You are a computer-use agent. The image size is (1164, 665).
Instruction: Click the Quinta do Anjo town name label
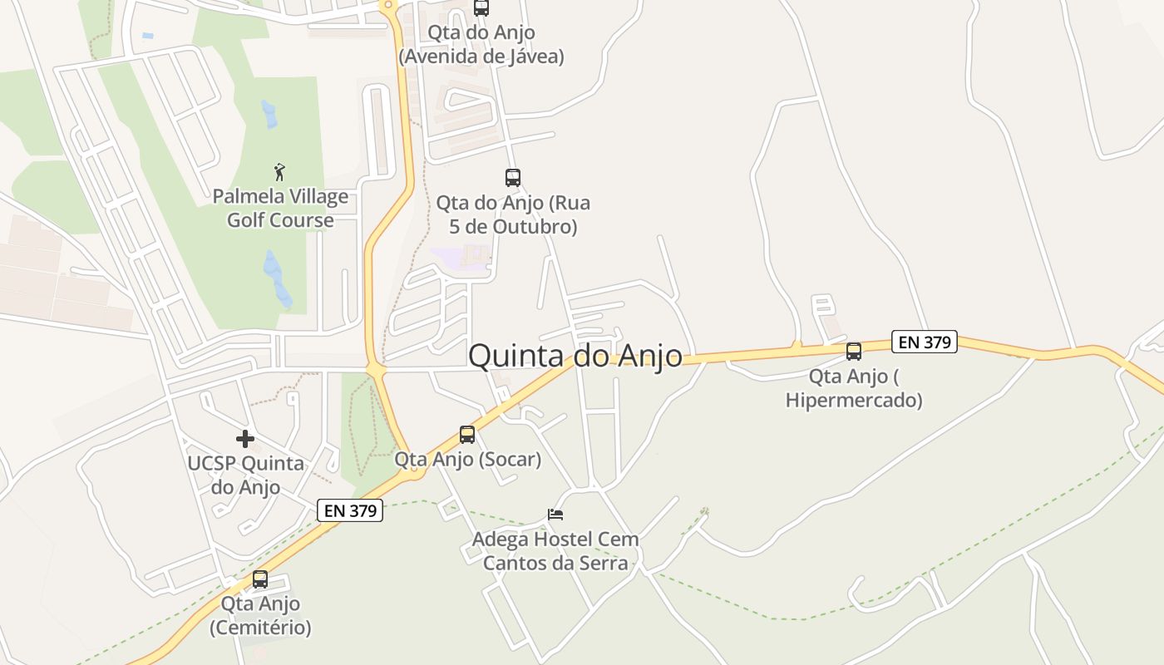(575, 356)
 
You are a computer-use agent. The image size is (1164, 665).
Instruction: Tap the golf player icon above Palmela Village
(280, 172)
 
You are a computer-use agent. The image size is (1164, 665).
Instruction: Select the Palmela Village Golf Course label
(280, 209)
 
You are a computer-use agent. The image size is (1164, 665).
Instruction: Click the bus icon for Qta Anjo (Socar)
(467, 434)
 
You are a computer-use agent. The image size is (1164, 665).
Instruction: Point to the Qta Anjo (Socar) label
(467, 459)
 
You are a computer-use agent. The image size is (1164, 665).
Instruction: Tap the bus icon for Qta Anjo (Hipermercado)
(854, 351)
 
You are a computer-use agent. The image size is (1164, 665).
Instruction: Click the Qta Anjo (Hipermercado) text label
(854, 388)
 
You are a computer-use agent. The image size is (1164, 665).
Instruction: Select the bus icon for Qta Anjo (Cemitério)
(260, 579)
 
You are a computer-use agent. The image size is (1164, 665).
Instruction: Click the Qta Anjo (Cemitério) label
(260, 615)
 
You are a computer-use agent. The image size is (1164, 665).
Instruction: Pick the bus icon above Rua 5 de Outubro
(513, 177)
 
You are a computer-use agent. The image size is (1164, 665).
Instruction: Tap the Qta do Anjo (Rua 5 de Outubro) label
(513, 214)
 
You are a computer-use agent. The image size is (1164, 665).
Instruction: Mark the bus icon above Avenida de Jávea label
(481, 7)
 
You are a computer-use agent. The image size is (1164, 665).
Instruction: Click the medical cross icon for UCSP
(245, 438)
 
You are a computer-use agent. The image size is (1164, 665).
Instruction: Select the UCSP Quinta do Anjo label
(245, 475)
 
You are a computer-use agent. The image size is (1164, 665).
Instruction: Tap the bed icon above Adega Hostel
(555, 515)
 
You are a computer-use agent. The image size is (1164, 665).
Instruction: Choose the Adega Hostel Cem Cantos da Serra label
(555, 551)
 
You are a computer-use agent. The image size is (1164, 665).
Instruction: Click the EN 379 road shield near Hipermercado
(925, 342)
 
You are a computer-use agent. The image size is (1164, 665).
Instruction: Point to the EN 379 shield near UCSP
(350, 510)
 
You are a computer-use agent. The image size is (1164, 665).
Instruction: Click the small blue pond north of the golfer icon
(269, 114)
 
